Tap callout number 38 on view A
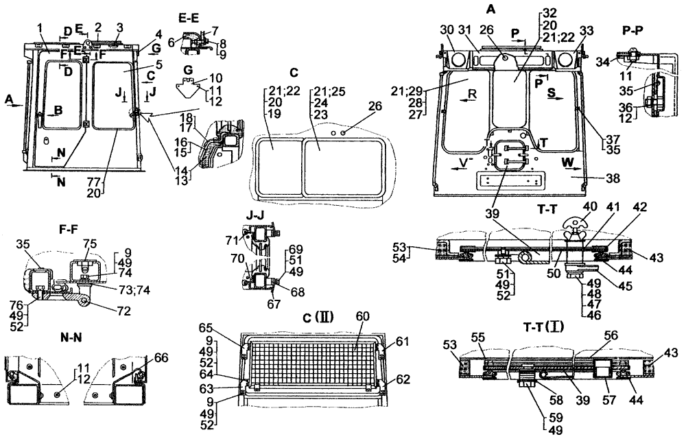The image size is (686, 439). coord(613,178)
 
